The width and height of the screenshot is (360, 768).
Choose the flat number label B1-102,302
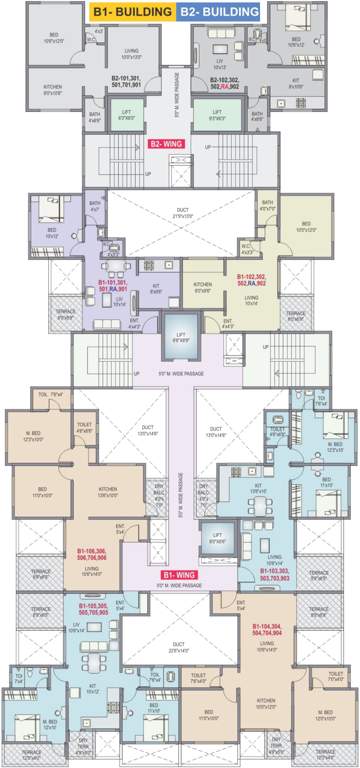[x=257, y=279]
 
